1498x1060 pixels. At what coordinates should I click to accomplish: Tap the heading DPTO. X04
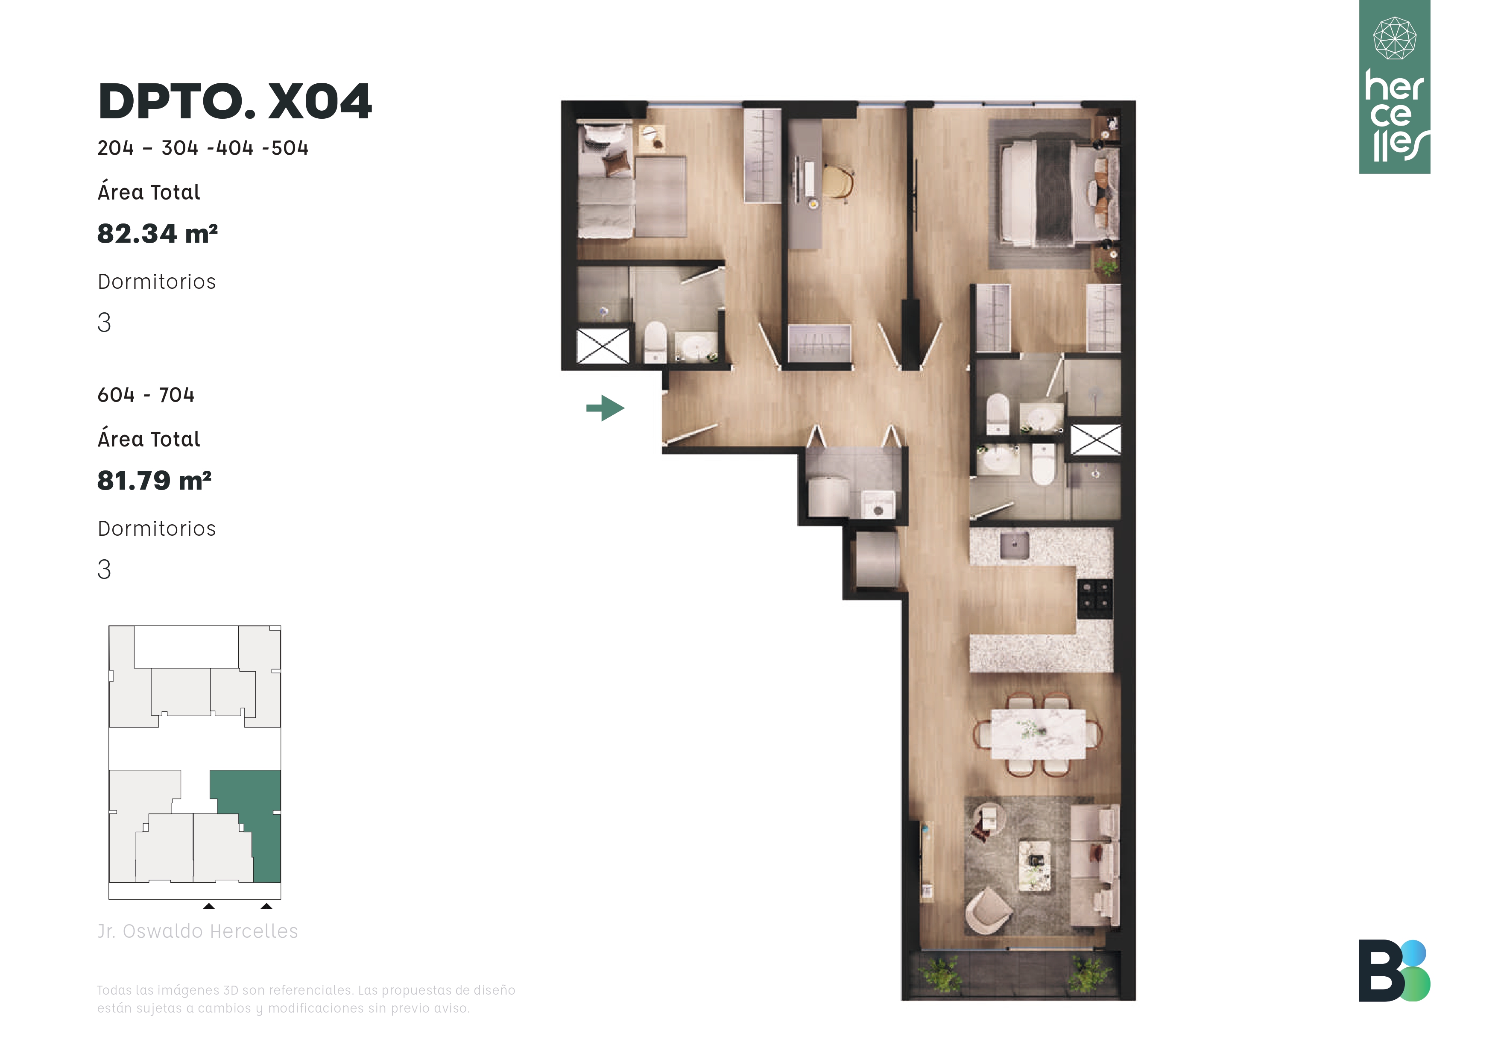click(x=235, y=102)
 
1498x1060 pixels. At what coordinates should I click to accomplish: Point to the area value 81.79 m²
click(x=154, y=480)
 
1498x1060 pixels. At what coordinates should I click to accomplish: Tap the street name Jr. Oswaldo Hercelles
click(x=198, y=931)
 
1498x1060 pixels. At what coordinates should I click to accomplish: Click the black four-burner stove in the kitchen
click(x=1095, y=598)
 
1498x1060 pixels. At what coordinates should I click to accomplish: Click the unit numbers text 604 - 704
click(x=146, y=395)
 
